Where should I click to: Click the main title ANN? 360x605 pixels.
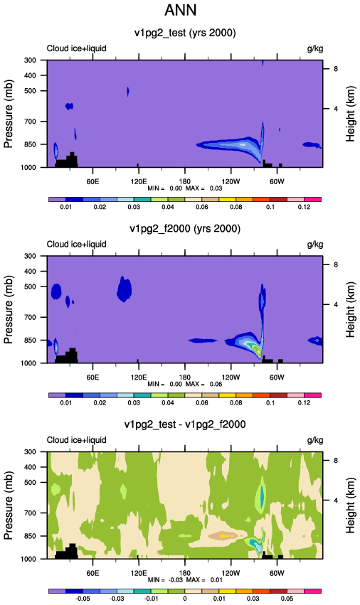tap(181, 10)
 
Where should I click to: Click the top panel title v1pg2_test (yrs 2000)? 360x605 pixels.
tap(185, 33)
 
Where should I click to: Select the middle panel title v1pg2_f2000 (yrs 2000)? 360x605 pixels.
tap(185, 229)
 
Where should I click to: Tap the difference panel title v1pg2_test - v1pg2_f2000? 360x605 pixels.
tap(185, 424)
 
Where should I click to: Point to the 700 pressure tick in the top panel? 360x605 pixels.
tap(30, 122)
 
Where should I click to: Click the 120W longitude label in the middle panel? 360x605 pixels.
tap(231, 377)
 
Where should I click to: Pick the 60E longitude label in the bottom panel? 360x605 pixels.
tap(92, 573)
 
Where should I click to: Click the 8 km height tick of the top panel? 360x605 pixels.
tap(336, 69)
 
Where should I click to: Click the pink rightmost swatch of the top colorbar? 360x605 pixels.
tap(312, 200)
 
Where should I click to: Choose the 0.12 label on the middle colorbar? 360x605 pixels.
tap(304, 402)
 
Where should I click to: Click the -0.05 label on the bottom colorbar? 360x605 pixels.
tap(83, 599)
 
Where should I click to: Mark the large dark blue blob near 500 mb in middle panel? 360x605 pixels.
tap(125, 289)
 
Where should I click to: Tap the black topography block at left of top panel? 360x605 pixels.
tap(67, 161)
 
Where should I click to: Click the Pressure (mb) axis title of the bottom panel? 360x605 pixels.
tap(9, 505)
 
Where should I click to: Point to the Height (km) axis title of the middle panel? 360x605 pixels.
tap(350, 310)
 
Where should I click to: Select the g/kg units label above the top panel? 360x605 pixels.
tap(314, 48)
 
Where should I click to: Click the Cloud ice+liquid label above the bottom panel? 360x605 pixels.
tap(76, 440)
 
